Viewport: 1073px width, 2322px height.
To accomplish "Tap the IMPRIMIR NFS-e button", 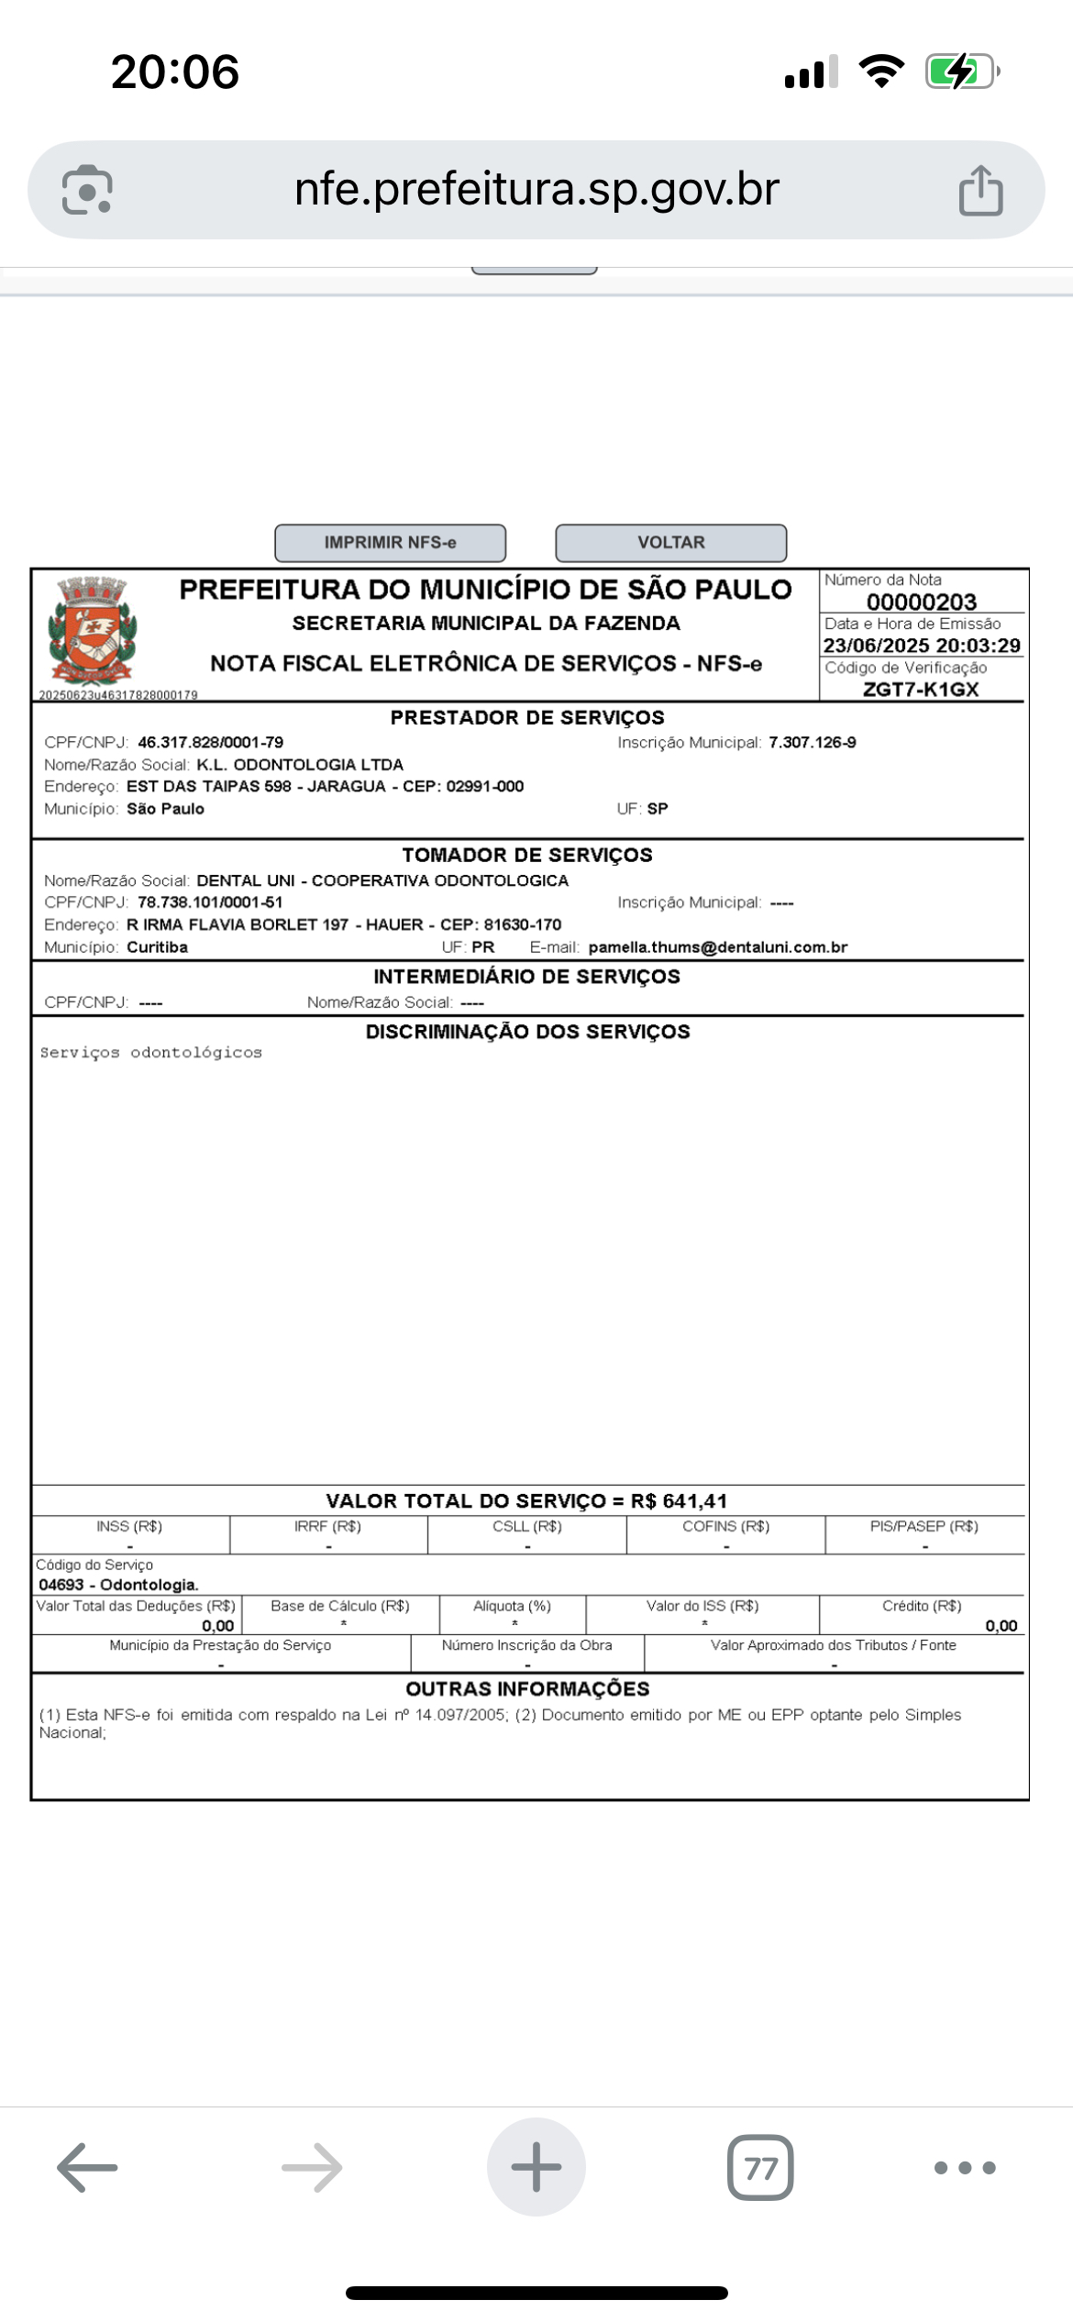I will (390, 543).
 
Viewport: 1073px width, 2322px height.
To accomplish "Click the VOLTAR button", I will (670, 543).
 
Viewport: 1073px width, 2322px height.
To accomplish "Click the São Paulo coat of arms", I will (92, 630).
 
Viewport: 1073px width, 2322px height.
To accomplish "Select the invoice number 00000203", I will (921, 602).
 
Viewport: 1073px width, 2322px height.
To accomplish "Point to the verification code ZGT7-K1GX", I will (920, 690).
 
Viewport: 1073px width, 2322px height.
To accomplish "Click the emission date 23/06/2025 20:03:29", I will (921, 646).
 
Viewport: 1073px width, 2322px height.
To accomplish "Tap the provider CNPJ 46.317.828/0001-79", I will (210, 742).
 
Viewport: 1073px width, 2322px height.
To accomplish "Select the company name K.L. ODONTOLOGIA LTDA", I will (300, 765).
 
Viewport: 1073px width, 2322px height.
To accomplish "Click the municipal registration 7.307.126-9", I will (812, 742).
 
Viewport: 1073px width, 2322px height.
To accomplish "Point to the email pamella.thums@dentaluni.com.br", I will (717, 947).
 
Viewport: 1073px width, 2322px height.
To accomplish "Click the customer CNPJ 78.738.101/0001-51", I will (210, 902).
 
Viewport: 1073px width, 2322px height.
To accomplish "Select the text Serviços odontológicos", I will (151, 1053).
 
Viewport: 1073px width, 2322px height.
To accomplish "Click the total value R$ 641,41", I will (679, 1501).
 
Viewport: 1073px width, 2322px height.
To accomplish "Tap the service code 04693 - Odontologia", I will (118, 1585).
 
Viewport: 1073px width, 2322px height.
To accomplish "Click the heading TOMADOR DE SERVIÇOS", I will (527, 855).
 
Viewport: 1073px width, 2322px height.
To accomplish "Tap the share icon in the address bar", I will (980, 190).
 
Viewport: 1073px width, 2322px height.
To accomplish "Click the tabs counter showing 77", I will (760, 2168).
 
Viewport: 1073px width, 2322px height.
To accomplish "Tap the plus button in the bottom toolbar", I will (536, 2168).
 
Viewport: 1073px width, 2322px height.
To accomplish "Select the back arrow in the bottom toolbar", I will (88, 2168).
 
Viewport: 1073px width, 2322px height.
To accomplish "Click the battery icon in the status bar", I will (960, 72).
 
